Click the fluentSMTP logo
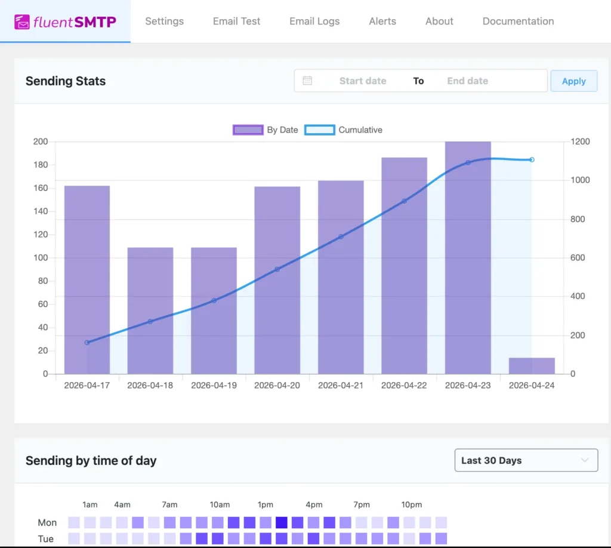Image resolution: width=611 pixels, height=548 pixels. pyautogui.click(x=65, y=22)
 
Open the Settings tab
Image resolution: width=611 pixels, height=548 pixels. pyautogui.click(x=164, y=21)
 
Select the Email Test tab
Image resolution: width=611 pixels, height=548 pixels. pyautogui.click(x=236, y=21)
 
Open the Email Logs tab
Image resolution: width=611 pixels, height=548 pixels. pyautogui.click(x=314, y=21)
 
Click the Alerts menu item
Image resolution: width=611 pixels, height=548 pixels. pyautogui.click(x=382, y=21)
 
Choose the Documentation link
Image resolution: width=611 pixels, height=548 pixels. pyautogui.click(x=518, y=21)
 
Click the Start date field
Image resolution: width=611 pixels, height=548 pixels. pyautogui.click(x=362, y=81)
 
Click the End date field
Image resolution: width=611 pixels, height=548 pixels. pyautogui.click(x=467, y=81)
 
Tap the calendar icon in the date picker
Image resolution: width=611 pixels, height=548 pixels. pyautogui.click(x=307, y=81)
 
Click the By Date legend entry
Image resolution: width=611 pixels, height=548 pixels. pyautogui.click(x=266, y=130)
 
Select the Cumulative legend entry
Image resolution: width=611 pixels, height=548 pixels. pyautogui.click(x=344, y=130)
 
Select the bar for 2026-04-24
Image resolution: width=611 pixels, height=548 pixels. pyautogui.click(x=532, y=365)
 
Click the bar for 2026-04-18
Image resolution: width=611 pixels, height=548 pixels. pyautogui.click(x=150, y=310)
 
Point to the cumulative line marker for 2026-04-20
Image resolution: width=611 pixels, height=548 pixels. pyautogui.click(x=277, y=269)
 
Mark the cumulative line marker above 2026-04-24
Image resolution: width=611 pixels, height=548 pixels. pyautogui.click(x=532, y=159)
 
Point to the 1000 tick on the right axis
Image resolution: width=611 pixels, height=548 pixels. pyautogui.click(x=582, y=180)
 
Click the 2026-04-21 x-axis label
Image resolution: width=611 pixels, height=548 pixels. pyautogui.click(x=341, y=386)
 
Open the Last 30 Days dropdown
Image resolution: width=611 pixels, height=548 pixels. pyautogui.click(x=526, y=460)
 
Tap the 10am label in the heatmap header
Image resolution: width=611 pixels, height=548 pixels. pyautogui.click(x=220, y=504)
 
